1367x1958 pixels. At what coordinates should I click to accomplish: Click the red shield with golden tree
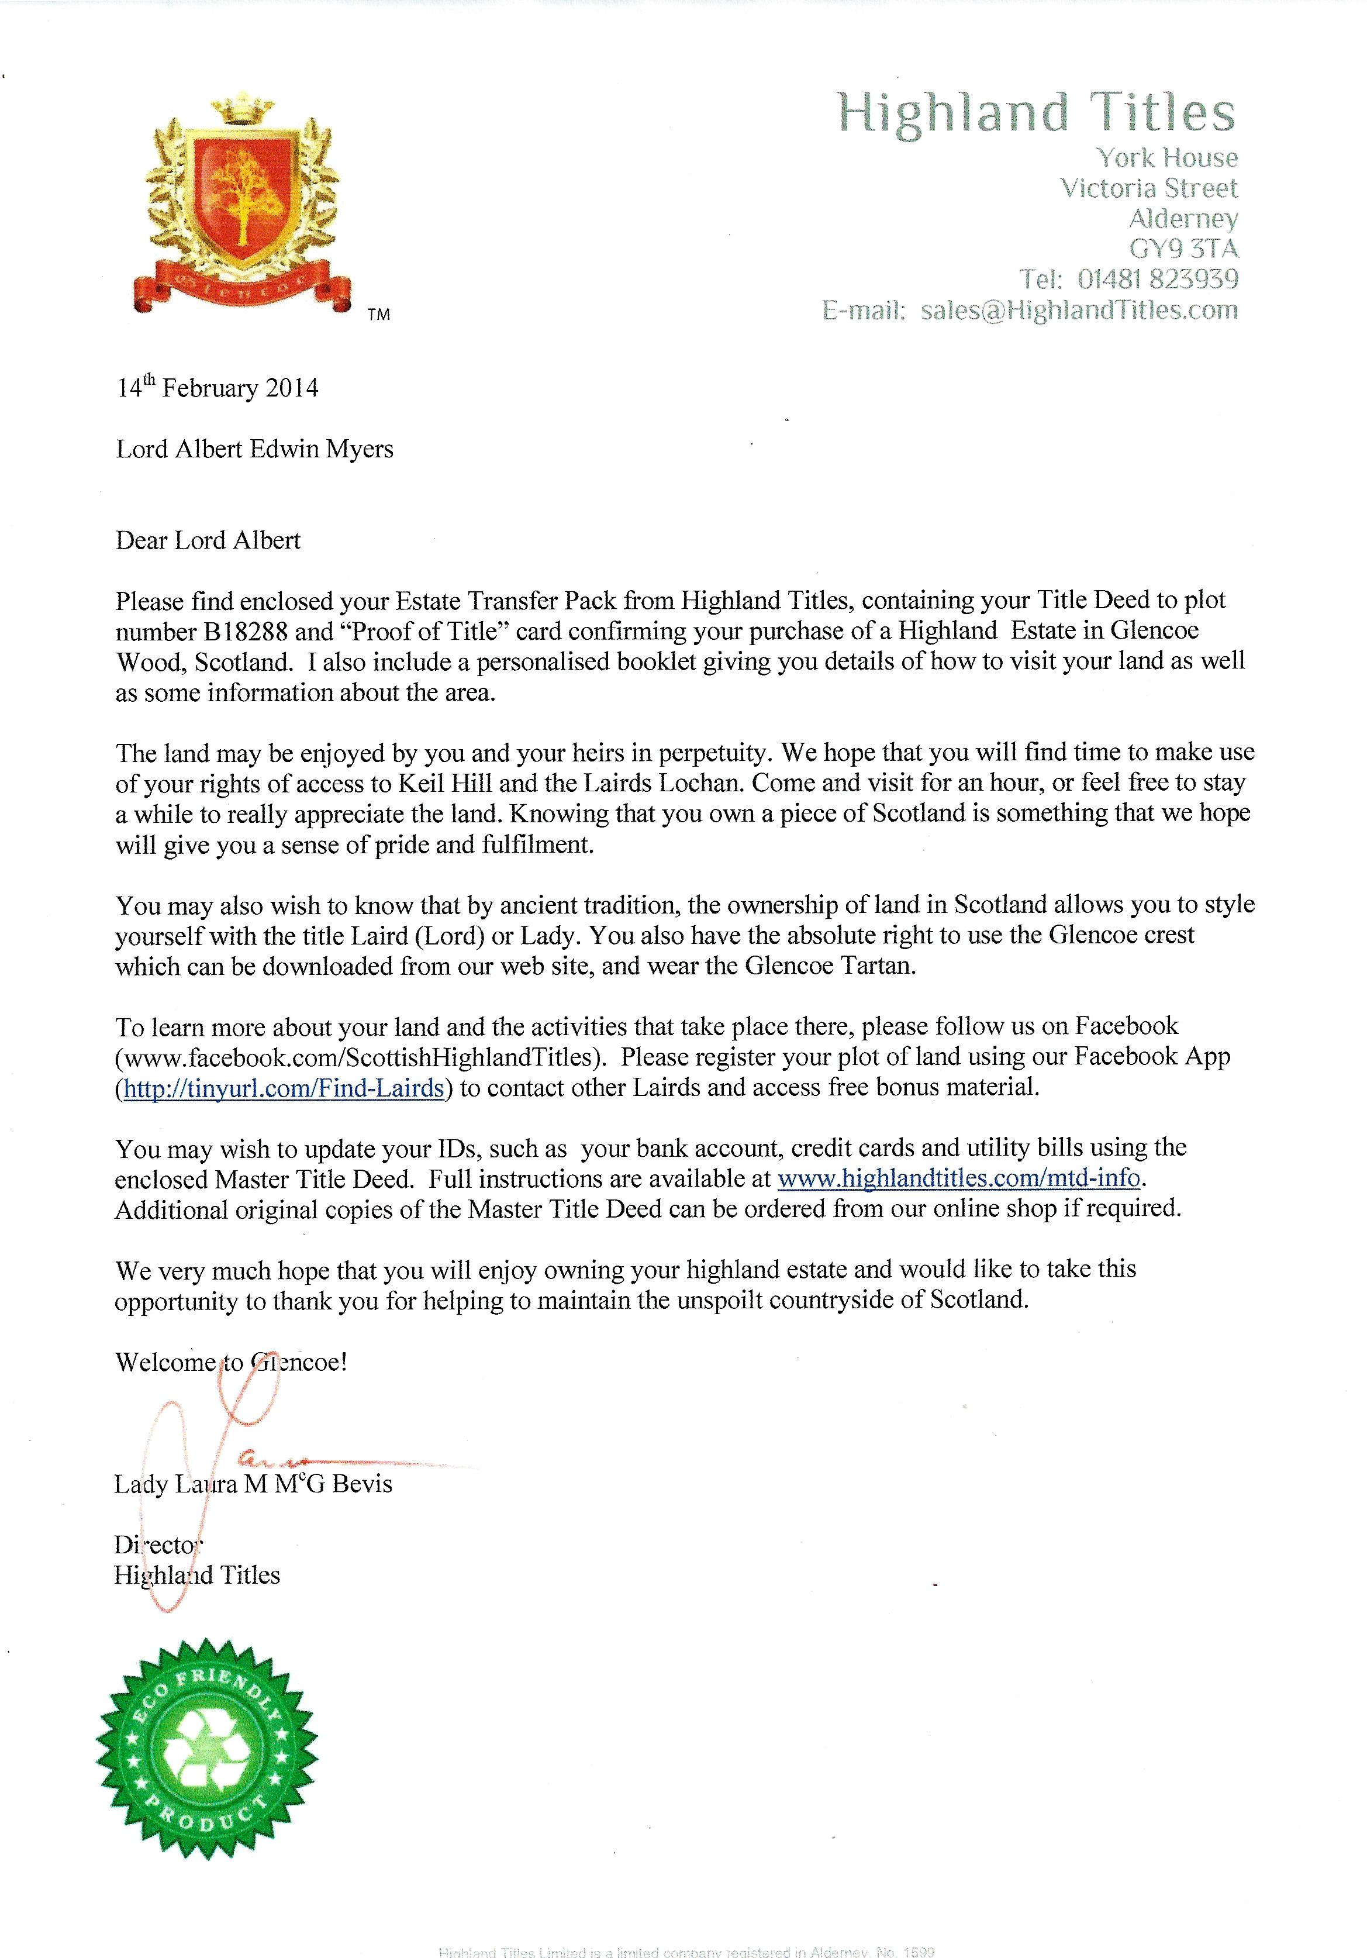(240, 191)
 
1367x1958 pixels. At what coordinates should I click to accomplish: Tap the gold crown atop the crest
(240, 111)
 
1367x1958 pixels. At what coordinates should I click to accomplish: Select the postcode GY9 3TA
(1183, 249)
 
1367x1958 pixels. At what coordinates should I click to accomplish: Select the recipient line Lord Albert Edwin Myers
(254, 449)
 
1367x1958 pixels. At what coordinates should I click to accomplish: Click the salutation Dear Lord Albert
(208, 540)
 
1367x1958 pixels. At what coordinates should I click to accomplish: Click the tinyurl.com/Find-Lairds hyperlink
(283, 1088)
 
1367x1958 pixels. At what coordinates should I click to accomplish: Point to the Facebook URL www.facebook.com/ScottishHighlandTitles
(357, 1057)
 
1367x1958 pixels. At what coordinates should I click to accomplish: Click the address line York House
(1166, 158)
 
